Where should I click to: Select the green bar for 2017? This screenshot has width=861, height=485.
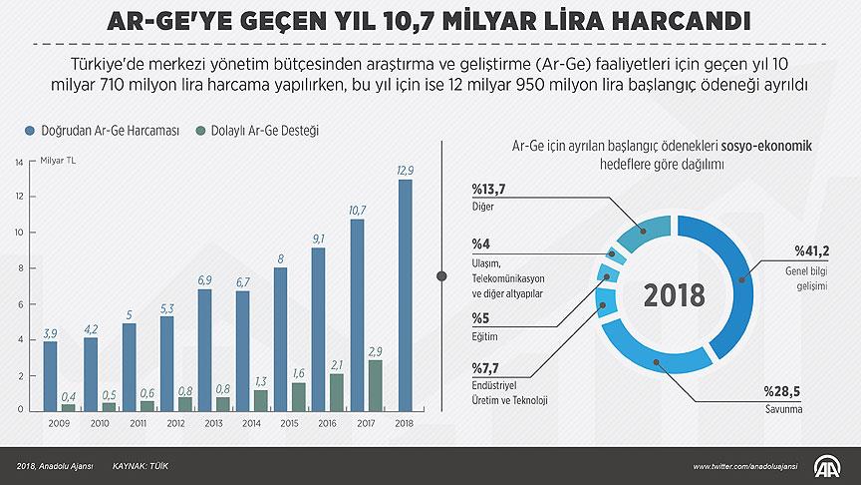pos(375,384)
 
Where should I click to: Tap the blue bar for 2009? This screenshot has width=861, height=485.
pos(50,375)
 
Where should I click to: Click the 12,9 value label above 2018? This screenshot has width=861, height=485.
pos(405,171)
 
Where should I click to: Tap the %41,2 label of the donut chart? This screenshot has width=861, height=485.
pos(811,249)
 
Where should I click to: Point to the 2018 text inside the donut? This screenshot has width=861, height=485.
pos(674,295)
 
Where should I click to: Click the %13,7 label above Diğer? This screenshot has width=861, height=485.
pos(489,190)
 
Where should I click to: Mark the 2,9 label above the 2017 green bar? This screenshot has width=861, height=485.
pos(375,352)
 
